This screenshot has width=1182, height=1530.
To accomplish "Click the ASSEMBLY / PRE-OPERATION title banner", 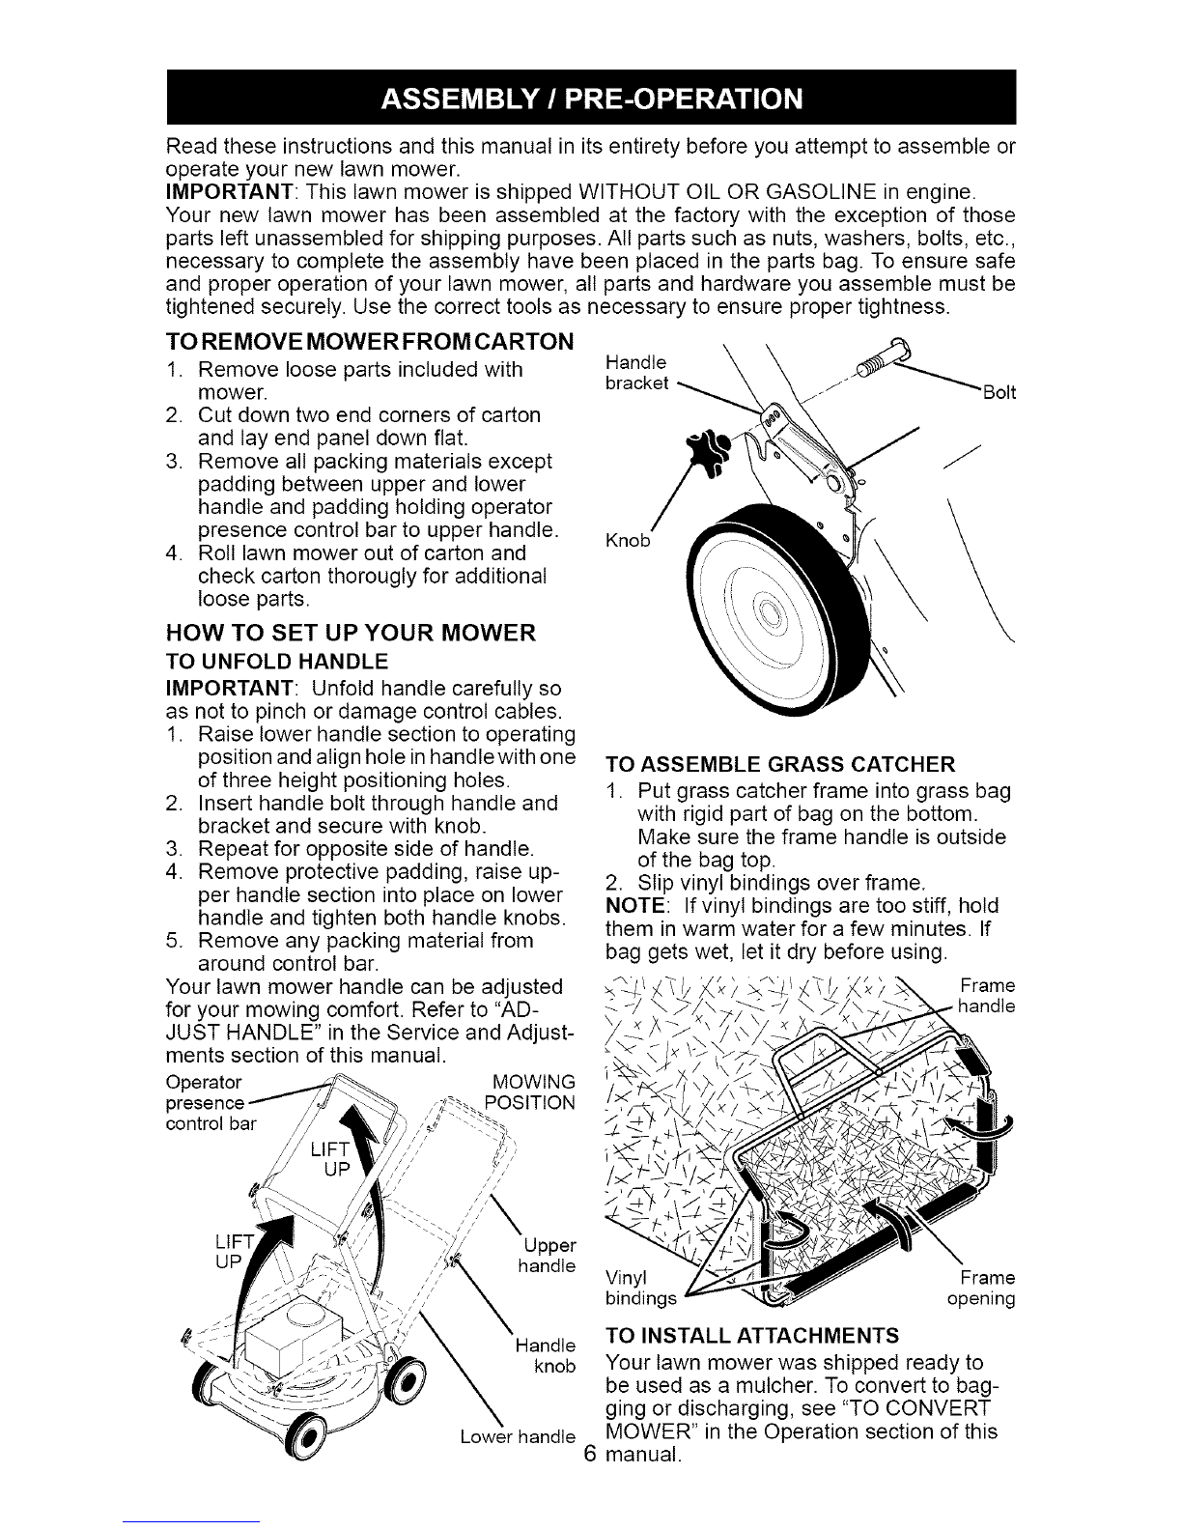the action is (591, 98).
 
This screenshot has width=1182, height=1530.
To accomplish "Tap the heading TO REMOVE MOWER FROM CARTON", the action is (370, 342).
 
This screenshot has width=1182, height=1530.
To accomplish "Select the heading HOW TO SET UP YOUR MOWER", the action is (351, 633).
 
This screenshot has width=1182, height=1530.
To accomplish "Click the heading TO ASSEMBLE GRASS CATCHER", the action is (780, 764).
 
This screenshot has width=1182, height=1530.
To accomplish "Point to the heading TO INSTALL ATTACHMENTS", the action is (752, 1336).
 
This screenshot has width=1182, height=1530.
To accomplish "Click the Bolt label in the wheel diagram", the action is (999, 392).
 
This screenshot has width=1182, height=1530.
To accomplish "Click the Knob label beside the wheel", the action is (628, 540).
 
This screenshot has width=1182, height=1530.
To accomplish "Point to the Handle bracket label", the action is (636, 373).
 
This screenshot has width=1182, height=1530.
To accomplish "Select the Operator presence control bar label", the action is (211, 1103).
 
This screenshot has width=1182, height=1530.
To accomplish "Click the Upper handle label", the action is (547, 1256).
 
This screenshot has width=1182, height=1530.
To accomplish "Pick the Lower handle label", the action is (518, 1436).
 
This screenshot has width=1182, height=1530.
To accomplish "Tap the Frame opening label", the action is (981, 1288).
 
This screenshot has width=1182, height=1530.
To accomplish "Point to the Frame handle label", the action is (986, 996).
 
